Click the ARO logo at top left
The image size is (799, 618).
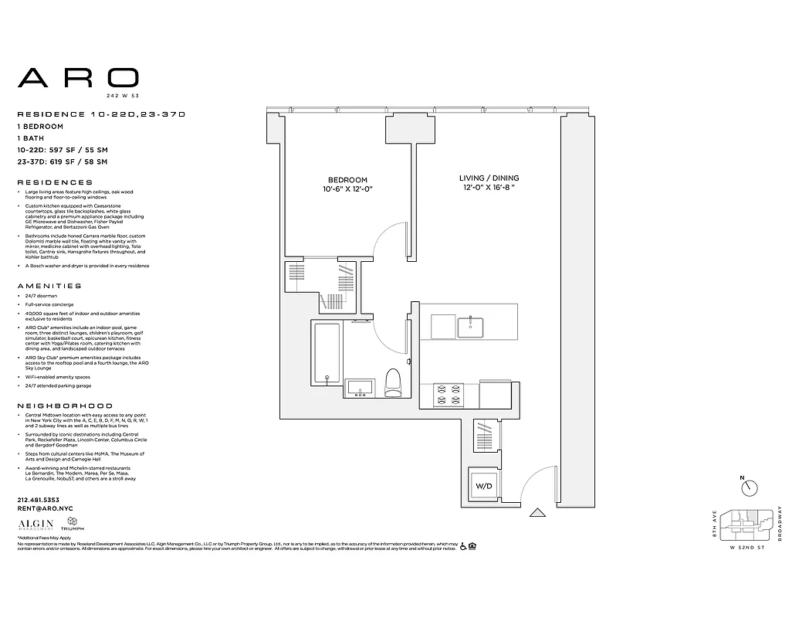click(78, 77)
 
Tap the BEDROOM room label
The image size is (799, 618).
click(347, 180)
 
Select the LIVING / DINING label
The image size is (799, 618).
click(489, 178)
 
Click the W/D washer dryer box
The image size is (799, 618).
click(484, 487)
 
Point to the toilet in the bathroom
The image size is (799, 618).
click(393, 382)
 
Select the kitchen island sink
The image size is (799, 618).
click(470, 327)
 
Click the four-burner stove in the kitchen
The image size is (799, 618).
click(448, 393)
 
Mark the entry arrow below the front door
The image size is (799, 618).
click(537, 511)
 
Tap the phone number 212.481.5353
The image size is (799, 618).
click(39, 500)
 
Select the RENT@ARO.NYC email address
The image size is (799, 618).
click(43, 509)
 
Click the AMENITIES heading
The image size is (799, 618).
click(49, 286)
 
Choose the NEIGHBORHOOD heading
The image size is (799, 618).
click(65, 406)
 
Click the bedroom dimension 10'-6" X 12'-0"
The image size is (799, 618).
click(352, 189)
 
